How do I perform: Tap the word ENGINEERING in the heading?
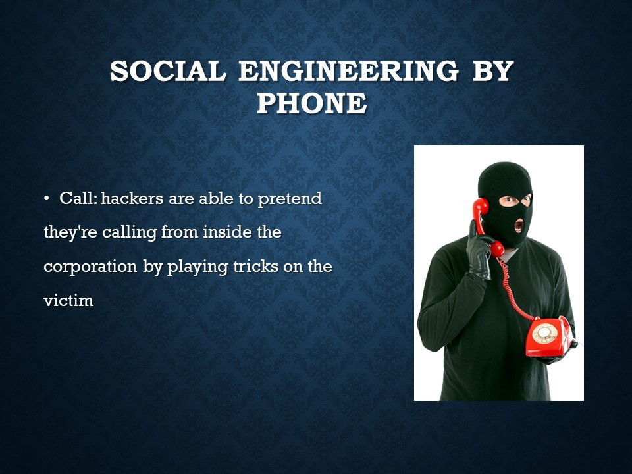(x=348, y=71)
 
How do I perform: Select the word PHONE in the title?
(x=312, y=103)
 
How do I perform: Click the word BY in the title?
(x=493, y=71)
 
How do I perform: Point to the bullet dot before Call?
(x=47, y=198)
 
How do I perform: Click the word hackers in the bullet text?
(x=132, y=198)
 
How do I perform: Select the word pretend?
(x=290, y=199)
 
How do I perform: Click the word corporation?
(x=90, y=267)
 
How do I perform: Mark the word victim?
(x=68, y=301)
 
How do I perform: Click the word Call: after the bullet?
(x=78, y=198)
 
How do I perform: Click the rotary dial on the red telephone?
(x=544, y=333)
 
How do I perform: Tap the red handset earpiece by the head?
(x=481, y=207)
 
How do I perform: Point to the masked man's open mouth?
(x=519, y=225)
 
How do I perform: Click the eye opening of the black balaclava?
(x=515, y=200)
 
